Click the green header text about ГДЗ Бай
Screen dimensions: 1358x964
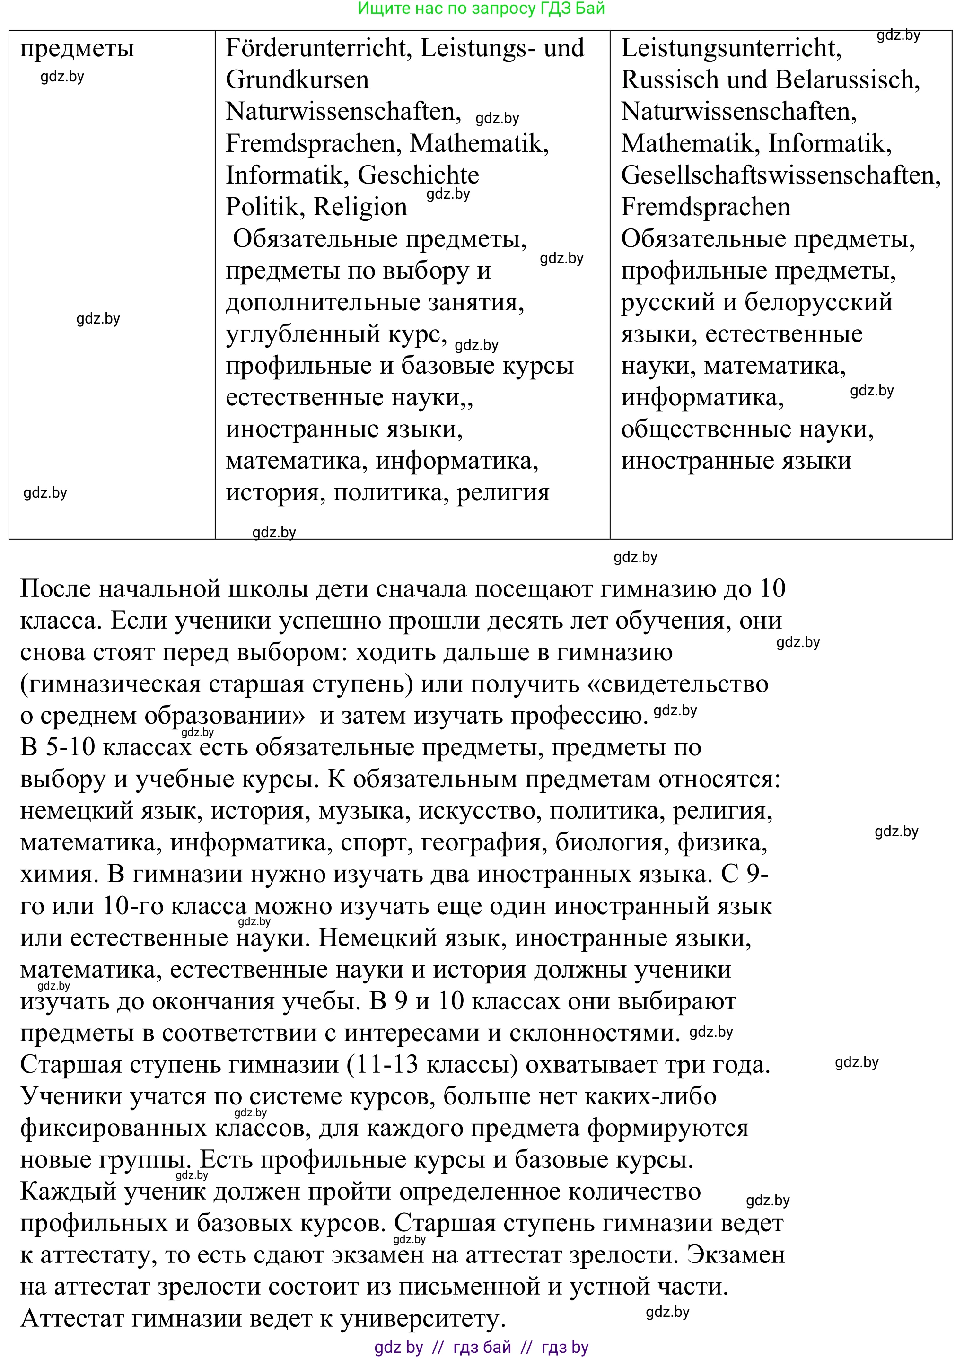coord(482,9)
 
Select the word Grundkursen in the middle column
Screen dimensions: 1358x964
coord(297,80)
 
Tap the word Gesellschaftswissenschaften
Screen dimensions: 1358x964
coord(780,175)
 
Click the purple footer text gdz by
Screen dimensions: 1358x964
coord(398,1347)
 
